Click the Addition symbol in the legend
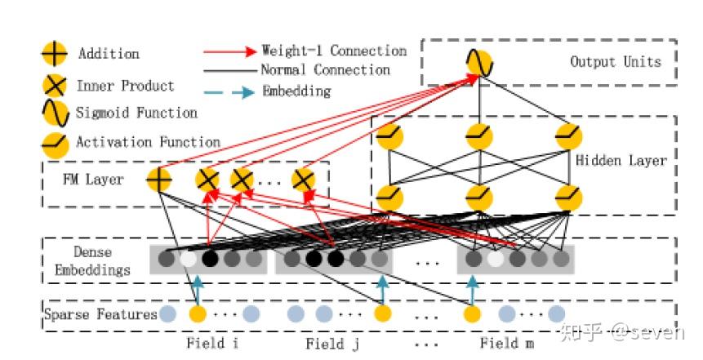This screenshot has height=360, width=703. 54,54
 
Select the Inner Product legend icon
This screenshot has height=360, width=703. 54,86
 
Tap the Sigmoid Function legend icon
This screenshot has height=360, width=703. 54,113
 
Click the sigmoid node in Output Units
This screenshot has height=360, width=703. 479,63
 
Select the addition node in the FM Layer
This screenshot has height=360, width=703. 158,179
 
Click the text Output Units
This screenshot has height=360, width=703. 615,61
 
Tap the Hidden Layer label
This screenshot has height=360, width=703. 621,161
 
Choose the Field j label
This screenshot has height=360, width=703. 331,344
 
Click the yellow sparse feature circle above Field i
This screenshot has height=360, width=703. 197,314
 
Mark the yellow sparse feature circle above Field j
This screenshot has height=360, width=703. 382,314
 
